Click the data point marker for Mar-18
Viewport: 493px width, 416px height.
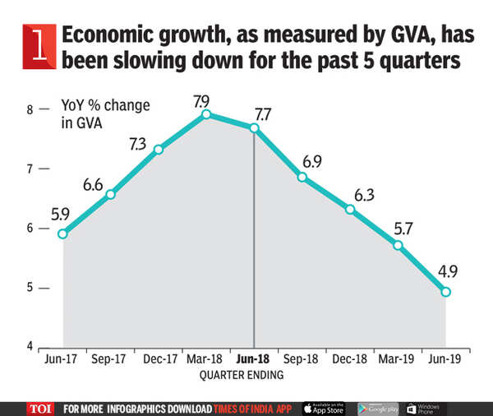point(206,114)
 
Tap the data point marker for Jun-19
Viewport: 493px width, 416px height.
point(445,292)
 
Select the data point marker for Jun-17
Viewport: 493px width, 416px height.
point(62,233)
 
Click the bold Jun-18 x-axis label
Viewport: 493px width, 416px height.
point(254,359)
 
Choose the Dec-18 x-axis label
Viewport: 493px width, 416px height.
point(350,359)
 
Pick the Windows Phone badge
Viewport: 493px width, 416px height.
point(429,407)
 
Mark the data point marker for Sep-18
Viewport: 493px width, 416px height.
point(302,178)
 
